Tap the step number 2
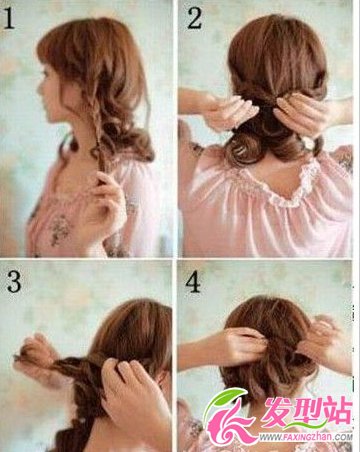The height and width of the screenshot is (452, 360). pos(194,18)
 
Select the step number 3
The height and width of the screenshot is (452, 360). pos(14,283)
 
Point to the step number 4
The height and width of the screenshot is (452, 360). pos(193,283)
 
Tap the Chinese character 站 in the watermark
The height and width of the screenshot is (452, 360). pos(338,411)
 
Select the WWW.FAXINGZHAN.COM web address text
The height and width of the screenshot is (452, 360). pos(304,437)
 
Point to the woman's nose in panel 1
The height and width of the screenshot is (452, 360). pos(40,88)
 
